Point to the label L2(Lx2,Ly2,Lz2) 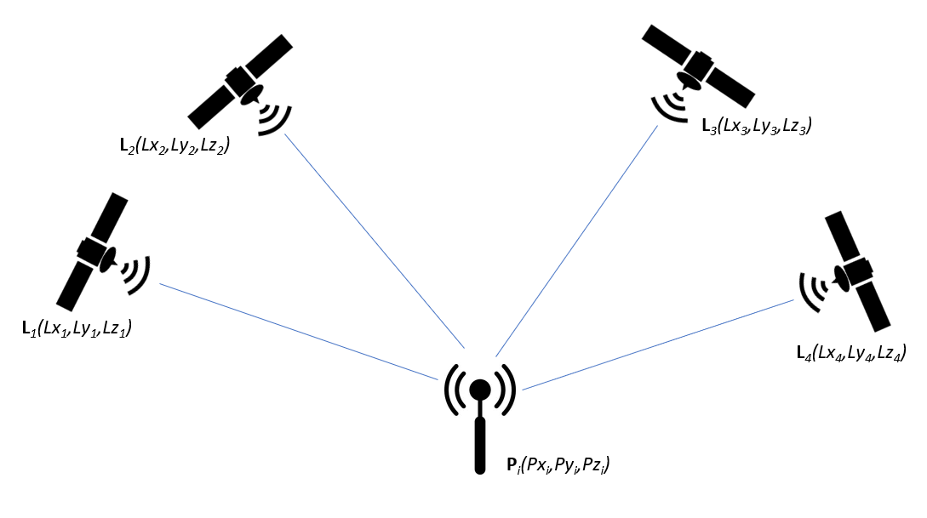[x=176, y=144]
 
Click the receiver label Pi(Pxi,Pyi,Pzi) [x=558, y=465]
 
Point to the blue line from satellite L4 [x=655, y=345]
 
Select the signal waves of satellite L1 [x=136, y=272]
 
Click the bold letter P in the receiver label [x=502, y=465]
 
